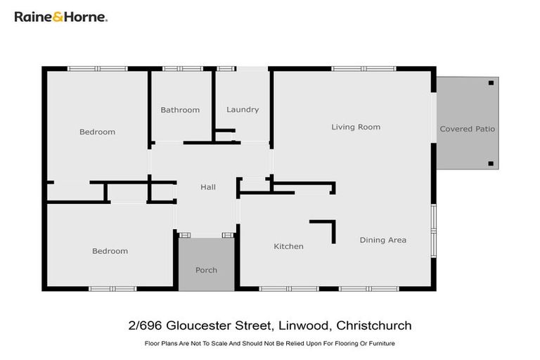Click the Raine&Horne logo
pos(61,16)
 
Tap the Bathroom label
pos(180,110)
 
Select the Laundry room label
pos(243,110)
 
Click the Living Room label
pos(356,127)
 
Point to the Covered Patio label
pos(467,129)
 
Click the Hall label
pos(208,187)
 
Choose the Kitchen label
pos(288,246)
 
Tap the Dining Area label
pos(382,240)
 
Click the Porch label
pos(206,270)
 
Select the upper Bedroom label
pos(97,132)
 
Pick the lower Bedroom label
pos(110,251)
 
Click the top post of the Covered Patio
pos(491,83)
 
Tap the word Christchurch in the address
pos(374,326)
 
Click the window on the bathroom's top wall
pos(181,68)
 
